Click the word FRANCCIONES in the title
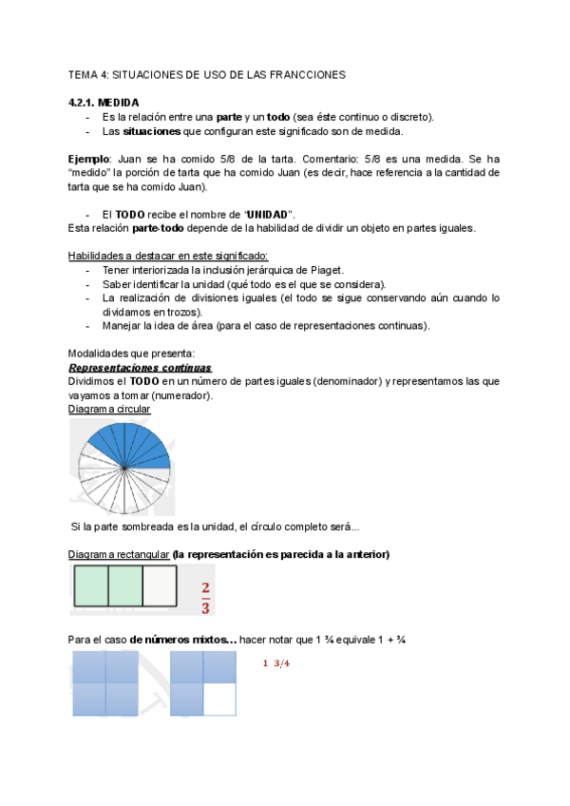pos(309,73)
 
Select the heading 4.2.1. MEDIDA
pos(104,102)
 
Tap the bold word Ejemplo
pos(89,159)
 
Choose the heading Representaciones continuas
pos(141,368)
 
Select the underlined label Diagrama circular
pos(109,409)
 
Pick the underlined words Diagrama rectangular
pos(119,553)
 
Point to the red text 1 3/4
pos(275,662)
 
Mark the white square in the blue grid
pos(220,700)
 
